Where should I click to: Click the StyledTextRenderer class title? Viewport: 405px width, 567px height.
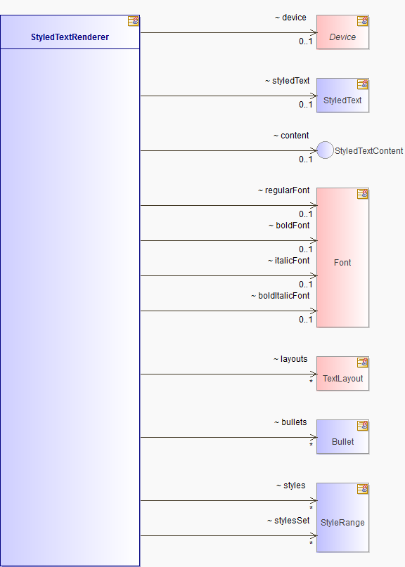70,37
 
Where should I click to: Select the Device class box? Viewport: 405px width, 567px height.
342,32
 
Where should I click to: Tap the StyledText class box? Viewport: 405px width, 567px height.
342,96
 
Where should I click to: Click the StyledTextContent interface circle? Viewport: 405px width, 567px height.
325,150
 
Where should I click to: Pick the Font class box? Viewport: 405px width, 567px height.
342,257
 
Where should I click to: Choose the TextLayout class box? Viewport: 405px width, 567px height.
342,374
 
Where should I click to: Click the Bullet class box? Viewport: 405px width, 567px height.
342,437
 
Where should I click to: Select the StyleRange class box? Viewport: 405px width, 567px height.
342,517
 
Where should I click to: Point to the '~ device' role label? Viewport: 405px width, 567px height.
290,18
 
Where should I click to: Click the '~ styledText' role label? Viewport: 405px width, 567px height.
288,81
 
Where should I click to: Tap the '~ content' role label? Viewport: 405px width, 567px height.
291,136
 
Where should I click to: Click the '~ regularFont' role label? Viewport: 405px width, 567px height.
284,190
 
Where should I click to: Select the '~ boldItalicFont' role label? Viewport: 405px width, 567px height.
281,296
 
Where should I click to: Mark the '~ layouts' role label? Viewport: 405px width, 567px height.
290,359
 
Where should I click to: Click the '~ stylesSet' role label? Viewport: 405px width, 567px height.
288,521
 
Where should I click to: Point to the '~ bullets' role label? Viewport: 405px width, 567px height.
290,422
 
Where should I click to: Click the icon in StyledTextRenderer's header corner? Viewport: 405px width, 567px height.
133,21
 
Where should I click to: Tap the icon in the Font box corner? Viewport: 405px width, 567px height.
363,194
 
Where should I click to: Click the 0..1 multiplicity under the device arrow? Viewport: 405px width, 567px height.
305,41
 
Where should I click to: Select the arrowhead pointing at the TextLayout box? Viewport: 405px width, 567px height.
314,374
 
